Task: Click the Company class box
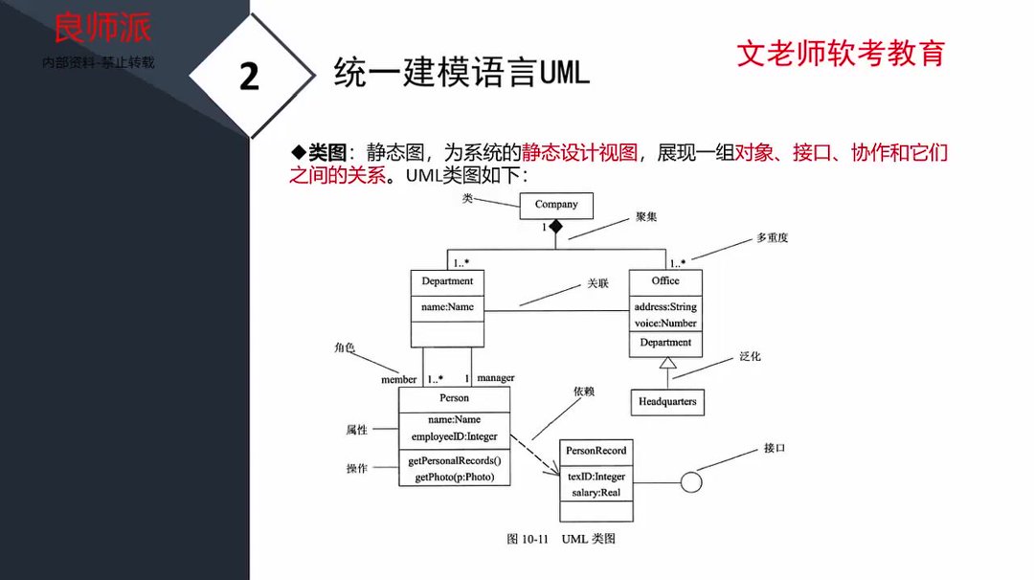click(x=556, y=205)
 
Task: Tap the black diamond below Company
click(x=555, y=227)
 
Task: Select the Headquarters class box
click(x=667, y=402)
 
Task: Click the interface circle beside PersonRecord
click(x=691, y=481)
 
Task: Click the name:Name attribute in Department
click(x=447, y=307)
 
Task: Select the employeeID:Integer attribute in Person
click(x=455, y=436)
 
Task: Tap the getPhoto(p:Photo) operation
click(x=455, y=477)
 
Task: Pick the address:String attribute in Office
click(x=665, y=307)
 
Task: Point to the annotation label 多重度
click(x=772, y=237)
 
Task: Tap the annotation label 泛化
click(x=750, y=356)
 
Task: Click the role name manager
click(x=495, y=379)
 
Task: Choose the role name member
click(x=399, y=379)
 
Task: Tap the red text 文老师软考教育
click(x=841, y=53)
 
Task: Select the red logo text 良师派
click(x=102, y=28)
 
